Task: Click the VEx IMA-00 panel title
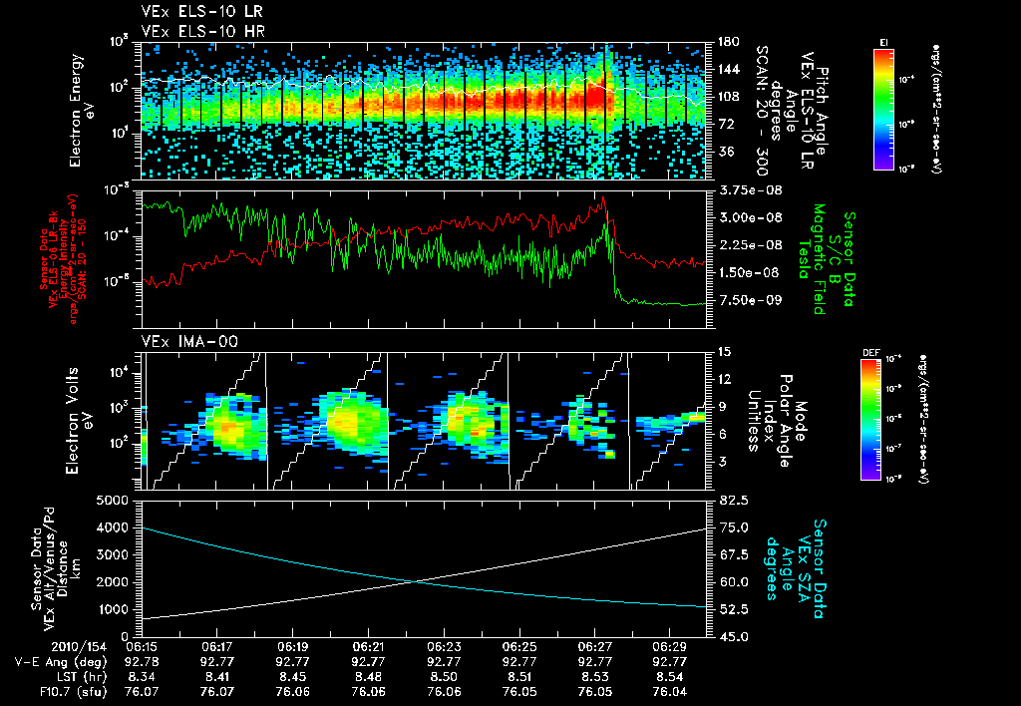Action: (x=179, y=341)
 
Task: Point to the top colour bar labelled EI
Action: (x=883, y=110)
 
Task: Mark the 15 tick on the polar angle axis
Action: (x=722, y=351)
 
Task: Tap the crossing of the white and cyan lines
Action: (x=412, y=581)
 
